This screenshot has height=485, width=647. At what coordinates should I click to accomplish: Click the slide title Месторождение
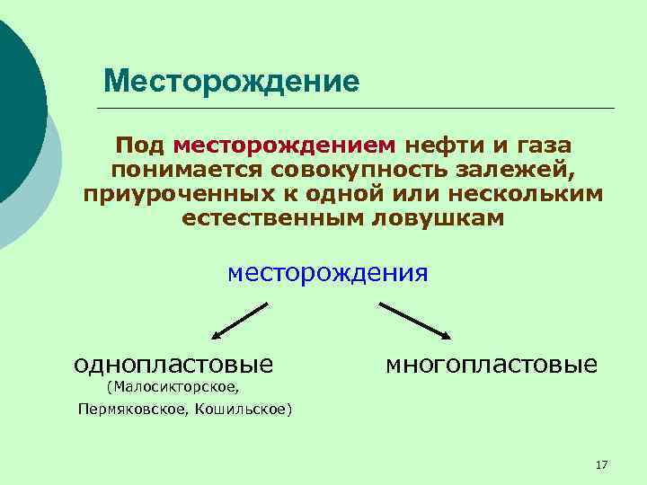coord(231,82)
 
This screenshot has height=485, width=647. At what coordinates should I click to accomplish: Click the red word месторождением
coord(285,145)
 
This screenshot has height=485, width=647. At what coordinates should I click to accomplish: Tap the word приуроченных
coord(176,194)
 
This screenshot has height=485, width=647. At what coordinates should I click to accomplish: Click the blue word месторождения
coord(328,271)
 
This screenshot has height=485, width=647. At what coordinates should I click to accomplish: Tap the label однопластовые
coord(173,364)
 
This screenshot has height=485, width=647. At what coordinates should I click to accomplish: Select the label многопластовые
coord(491,364)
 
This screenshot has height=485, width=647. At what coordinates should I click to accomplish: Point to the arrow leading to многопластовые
coord(415,320)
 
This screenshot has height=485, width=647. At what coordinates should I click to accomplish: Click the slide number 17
coord(602,464)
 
